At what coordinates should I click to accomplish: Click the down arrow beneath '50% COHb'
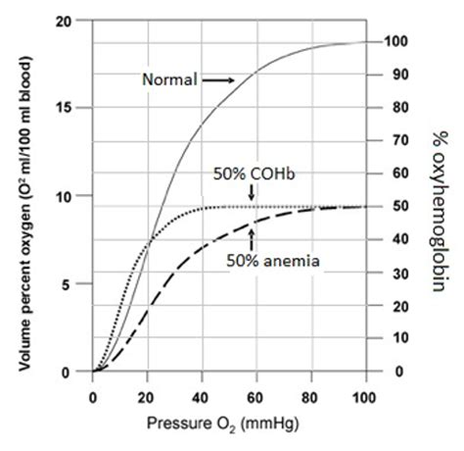(x=252, y=195)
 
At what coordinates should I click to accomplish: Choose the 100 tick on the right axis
(x=397, y=42)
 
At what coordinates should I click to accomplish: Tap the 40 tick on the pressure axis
(x=202, y=396)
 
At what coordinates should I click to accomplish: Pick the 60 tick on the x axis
(x=256, y=396)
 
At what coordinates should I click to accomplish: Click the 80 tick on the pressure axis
(x=311, y=396)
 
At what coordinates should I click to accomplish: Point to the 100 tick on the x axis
(x=365, y=396)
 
